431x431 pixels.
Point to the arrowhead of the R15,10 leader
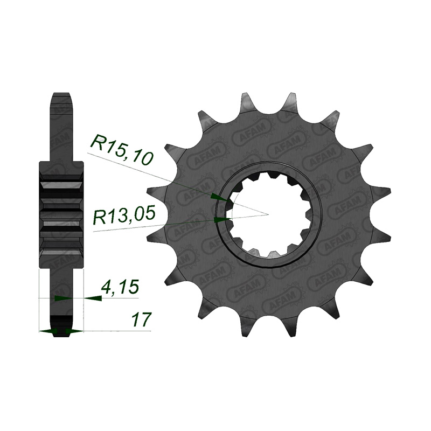click(219, 197)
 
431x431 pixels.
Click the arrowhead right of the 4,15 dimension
click(93, 298)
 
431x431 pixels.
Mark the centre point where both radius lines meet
click(268, 214)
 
